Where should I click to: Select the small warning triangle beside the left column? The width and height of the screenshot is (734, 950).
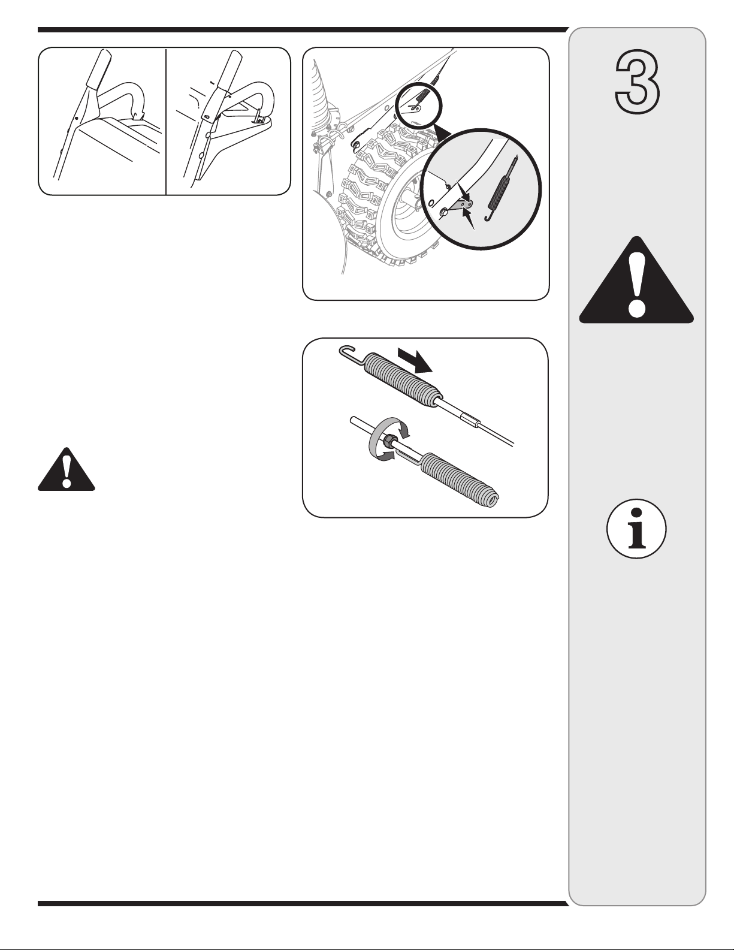point(67,469)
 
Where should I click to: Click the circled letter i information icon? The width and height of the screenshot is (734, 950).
point(636,528)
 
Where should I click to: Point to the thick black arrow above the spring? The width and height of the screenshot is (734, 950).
point(415,360)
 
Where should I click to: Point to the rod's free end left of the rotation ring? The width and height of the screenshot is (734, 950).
point(353,421)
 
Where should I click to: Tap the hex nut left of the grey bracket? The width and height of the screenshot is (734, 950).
point(443,213)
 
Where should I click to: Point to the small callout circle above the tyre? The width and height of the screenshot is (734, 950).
point(419,105)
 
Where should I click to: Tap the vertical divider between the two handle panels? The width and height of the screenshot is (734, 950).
point(167,121)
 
